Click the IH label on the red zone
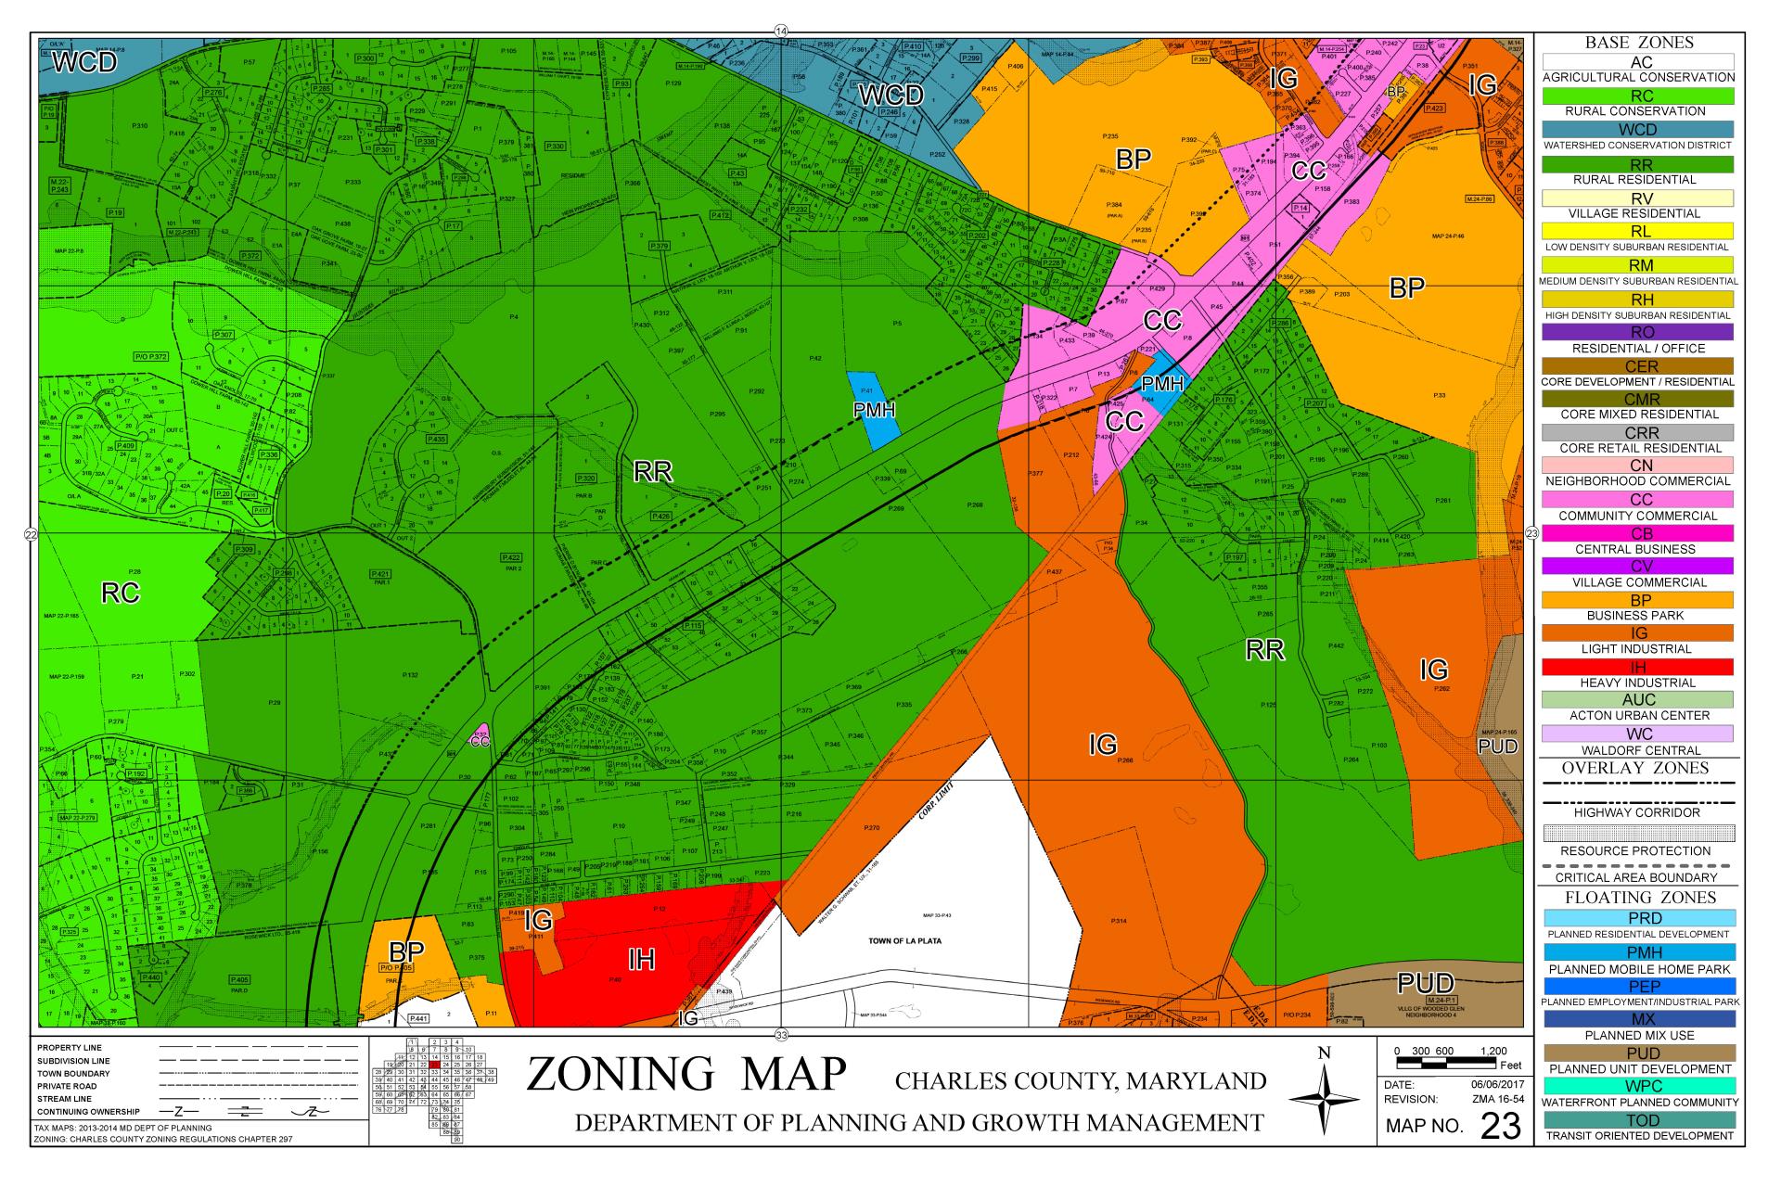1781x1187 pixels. pyautogui.click(x=641, y=960)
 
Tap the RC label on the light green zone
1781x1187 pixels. pyautogui.click(x=121, y=593)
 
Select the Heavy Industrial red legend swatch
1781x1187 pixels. pyautogui.click(x=1639, y=667)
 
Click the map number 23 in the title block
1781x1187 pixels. pyautogui.click(x=1501, y=1126)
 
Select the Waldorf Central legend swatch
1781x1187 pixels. pyautogui.click(x=1639, y=734)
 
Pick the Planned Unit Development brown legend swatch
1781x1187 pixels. pyautogui.click(x=1639, y=1053)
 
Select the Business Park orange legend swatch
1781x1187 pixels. pyautogui.click(x=1639, y=600)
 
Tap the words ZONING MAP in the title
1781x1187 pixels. pyautogui.click(x=686, y=1075)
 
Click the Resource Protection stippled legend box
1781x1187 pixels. pyautogui.click(x=1639, y=832)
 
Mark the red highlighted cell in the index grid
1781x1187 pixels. pyautogui.click(x=434, y=1064)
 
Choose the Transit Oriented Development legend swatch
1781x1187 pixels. pyautogui.click(x=1639, y=1120)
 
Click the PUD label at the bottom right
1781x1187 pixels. pyautogui.click(x=1425, y=983)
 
